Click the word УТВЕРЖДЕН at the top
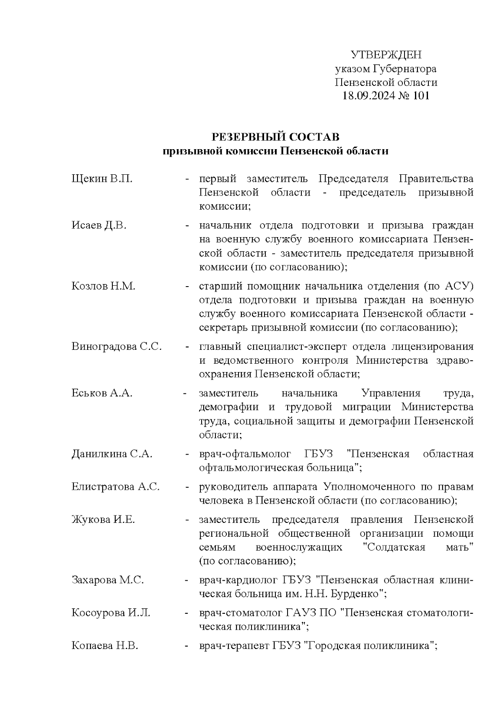pyautogui.click(x=386, y=54)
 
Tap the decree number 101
pyautogui.click(x=421, y=96)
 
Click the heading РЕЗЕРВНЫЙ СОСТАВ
pyautogui.click(x=275, y=137)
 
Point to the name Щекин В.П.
pyautogui.click(x=102, y=179)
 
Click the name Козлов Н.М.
pyautogui.click(x=103, y=286)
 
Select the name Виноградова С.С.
pyautogui.click(x=117, y=346)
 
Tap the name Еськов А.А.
pyautogui.click(x=102, y=393)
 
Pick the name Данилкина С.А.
pyautogui.click(x=112, y=454)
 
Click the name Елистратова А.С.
pyautogui.click(x=116, y=486)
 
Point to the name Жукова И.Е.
pyautogui.click(x=103, y=520)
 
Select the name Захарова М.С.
pyautogui.click(x=108, y=580)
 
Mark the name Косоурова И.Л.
pyautogui.click(x=111, y=613)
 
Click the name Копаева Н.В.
pyautogui.click(x=105, y=645)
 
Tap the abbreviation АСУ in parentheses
pyautogui.click(x=455, y=286)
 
